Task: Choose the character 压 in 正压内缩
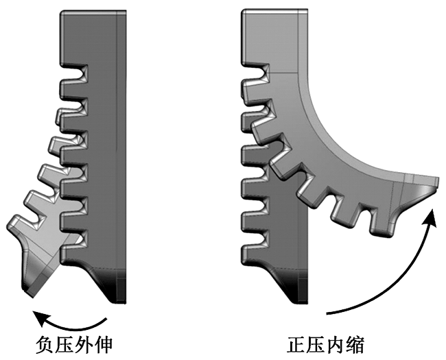[x=322, y=343]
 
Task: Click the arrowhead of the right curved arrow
[x=432, y=215]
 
